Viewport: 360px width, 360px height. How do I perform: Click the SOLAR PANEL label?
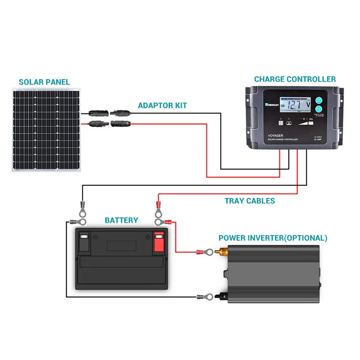click(44, 82)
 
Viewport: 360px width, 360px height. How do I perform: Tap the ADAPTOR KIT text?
click(162, 105)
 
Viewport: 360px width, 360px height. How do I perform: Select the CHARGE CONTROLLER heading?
click(294, 79)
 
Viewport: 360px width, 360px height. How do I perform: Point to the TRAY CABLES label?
click(250, 201)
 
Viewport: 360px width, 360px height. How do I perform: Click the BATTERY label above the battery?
click(121, 220)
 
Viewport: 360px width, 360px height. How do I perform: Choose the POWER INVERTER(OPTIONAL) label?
click(273, 238)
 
